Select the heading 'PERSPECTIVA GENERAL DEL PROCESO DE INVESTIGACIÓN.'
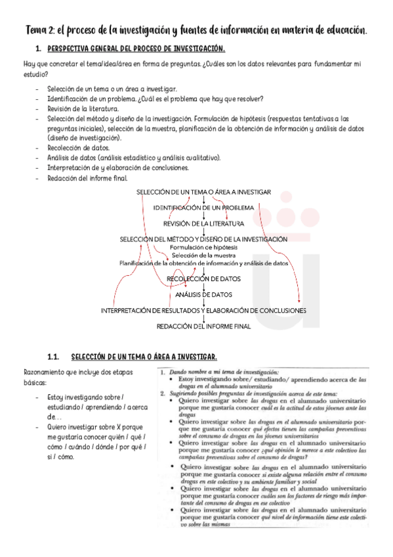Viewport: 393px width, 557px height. click(x=136, y=49)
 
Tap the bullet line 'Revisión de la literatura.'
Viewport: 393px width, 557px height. click(x=83, y=108)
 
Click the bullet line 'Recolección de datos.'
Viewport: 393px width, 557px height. click(x=79, y=148)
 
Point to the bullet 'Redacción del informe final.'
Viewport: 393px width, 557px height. click(x=88, y=177)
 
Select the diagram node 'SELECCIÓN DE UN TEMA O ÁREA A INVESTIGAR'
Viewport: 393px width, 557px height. click(x=204, y=192)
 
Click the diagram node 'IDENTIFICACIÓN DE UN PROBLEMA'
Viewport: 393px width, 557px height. click(x=204, y=208)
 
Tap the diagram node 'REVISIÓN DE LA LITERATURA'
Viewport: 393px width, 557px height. click(x=204, y=223)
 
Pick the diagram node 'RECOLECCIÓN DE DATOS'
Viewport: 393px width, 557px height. click(x=204, y=279)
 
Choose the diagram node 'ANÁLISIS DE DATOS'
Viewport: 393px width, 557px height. click(x=204, y=294)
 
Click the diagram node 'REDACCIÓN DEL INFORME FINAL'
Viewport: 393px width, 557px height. click(x=204, y=326)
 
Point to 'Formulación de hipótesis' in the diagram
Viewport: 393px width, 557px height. click(x=204, y=247)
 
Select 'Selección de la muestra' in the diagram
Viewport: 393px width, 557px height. click(x=204, y=255)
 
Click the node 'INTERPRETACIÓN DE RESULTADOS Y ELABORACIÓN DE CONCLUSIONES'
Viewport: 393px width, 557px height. click(x=204, y=310)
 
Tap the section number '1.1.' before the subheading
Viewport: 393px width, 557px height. click(x=54, y=357)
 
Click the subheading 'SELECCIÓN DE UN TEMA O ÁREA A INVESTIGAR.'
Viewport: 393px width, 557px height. click(x=144, y=357)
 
